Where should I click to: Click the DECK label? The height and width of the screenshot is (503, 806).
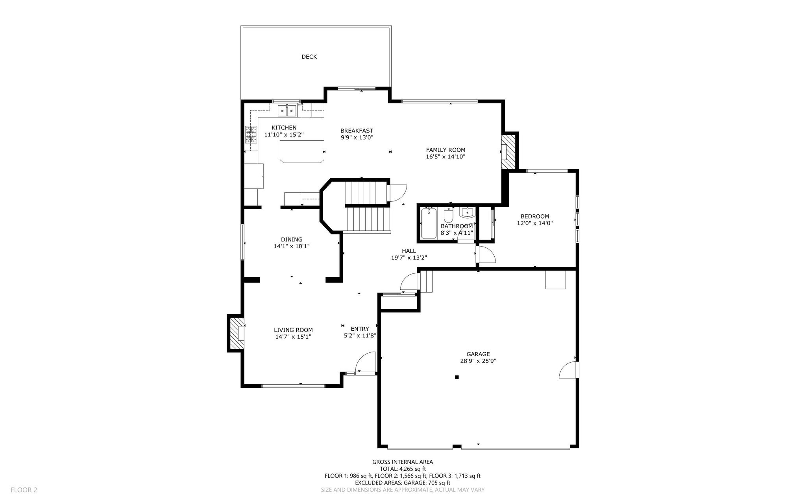click(x=309, y=57)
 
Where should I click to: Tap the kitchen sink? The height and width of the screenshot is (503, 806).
click(x=287, y=111)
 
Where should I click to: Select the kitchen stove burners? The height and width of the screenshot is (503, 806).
click(x=251, y=134)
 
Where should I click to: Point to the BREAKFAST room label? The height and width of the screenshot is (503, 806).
click(x=357, y=131)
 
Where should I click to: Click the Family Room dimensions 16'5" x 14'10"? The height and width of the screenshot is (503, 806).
click(x=446, y=157)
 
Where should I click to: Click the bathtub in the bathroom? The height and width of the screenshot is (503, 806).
click(x=429, y=223)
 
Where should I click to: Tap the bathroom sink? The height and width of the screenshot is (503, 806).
click(x=467, y=212)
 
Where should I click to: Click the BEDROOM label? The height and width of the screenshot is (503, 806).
click(x=535, y=216)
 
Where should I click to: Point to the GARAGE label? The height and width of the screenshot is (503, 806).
click(x=478, y=354)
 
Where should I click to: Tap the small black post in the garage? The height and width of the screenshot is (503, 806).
click(x=457, y=377)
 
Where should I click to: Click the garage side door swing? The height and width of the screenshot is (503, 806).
click(x=568, y=370)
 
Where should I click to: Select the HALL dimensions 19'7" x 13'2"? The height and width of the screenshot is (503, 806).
click(x=409, y=258)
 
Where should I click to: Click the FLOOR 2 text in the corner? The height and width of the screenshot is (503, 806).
click(x=24, y=490)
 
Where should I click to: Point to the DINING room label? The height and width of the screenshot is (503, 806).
click(x=292, y=240)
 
